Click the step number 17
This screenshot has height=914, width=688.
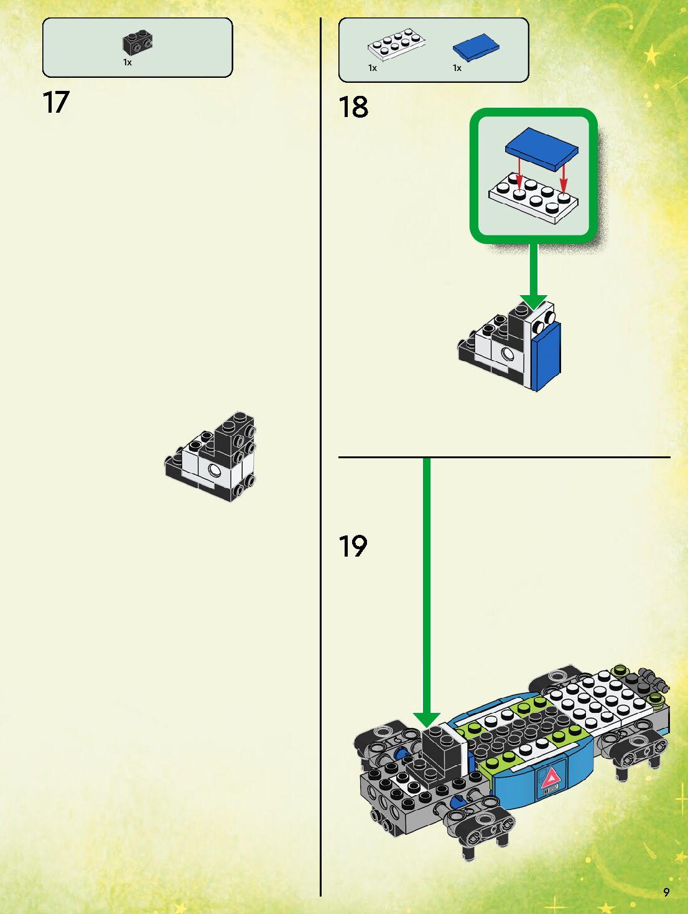point(55,102)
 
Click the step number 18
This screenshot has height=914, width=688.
point(353,107)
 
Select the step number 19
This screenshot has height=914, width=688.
point(353,546)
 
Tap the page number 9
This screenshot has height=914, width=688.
point(666,892)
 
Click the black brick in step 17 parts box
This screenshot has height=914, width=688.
point(137,42)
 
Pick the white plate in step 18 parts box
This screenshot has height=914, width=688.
point(396,44)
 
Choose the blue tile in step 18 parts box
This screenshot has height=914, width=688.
point(476,47)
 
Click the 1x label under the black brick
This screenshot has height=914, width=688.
point(127,62)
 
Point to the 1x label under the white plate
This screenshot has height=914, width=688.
point(372,68)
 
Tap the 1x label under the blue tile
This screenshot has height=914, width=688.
point(457,68)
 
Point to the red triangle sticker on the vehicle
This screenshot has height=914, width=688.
point(550,778)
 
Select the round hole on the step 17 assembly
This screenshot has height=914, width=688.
point(215,469)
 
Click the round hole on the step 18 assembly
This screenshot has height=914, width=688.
point(508,354)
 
